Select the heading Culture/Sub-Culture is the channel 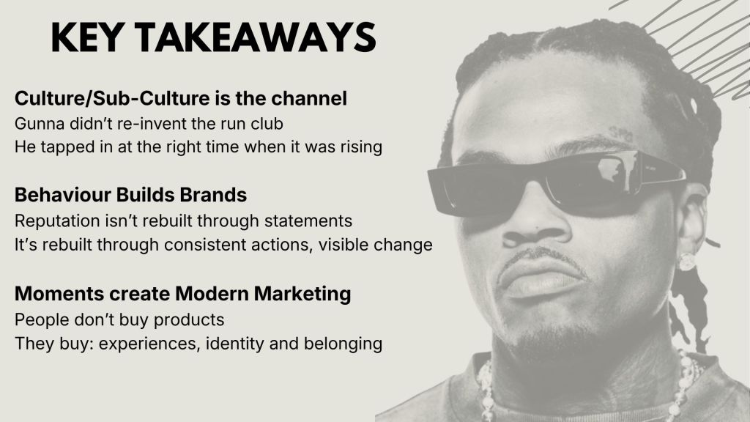181,98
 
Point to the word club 267,123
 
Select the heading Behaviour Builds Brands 130,195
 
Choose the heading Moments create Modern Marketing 182,293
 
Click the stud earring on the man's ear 687,262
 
